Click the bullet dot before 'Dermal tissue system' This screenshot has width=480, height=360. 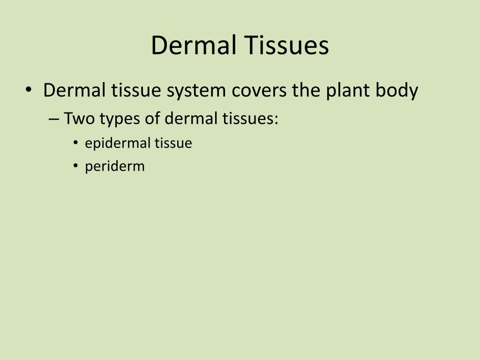click(x=29, y=89)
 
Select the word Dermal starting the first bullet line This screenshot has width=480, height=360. click(x=74, y=90)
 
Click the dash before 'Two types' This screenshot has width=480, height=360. click(x=53, y=119)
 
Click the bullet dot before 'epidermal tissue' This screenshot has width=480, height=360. click(x=76, y=143)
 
